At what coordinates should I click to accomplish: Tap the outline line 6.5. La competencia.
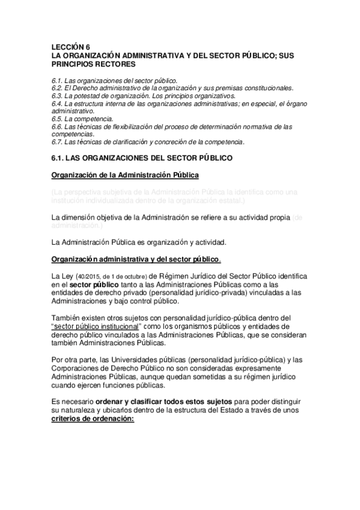[82, 120]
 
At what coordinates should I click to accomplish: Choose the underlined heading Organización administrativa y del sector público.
[136, 259]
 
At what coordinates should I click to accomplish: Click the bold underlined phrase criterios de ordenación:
[94, 419]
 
